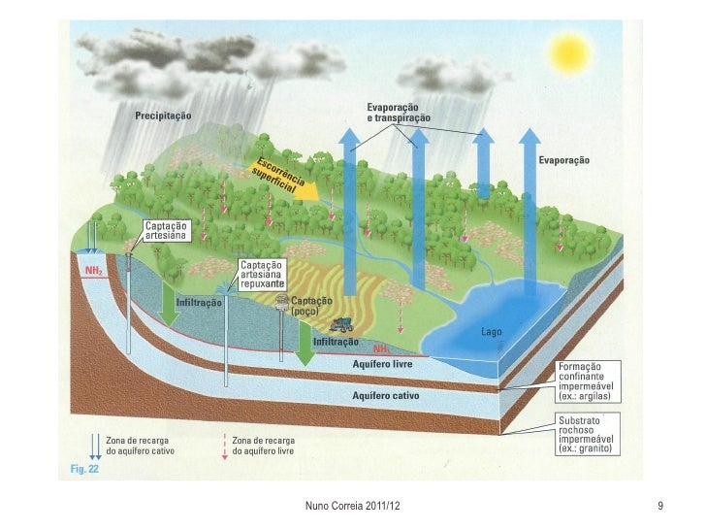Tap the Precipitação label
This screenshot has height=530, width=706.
(x=162, y=115)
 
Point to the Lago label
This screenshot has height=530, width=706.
(x=491, y=332)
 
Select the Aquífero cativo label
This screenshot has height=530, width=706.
(x=382, y=396)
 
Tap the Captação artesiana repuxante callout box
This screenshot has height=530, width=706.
(x=262, y=276)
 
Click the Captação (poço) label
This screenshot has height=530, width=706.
(x=312, y=307)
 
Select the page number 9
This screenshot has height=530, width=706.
(x=659, y=507)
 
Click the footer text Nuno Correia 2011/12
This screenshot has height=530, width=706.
(x=353, y=507)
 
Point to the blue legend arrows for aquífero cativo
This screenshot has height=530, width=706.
(x=95, y=446)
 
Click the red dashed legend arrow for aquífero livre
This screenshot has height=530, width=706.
(x=225, y=446)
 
